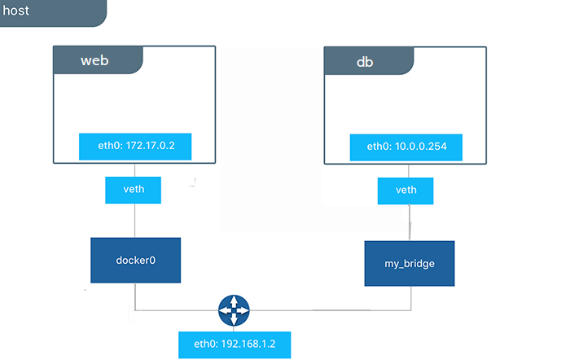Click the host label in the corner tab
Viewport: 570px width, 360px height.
pos(15,11)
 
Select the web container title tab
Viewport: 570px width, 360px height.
pos(99,60)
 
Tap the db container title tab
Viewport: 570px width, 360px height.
pos(369,61)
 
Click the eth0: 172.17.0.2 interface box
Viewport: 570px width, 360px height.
pos(135,147)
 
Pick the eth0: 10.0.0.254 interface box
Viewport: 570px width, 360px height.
pos(406,147)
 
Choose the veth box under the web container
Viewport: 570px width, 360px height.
pos(133,191)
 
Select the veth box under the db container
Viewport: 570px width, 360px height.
pos(406,191)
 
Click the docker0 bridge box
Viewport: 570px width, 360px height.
pos(136,261)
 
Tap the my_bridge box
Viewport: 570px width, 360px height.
pos(410,264)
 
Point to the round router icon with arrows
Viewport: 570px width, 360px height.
pos(234,310)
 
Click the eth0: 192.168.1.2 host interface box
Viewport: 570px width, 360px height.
pos(235,345)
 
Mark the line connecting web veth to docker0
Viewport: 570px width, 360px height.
pos(135,221)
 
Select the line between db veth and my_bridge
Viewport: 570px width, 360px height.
pos(410,222)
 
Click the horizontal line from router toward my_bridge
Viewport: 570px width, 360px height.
pos(331,310)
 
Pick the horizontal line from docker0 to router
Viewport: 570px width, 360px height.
pos(177,310)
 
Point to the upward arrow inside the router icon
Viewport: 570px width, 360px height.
pos(234,301)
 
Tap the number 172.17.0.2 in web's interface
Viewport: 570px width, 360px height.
pos(150,146)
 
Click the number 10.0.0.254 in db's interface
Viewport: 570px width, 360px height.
pos(421,147)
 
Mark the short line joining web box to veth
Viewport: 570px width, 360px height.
pos(135,170)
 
